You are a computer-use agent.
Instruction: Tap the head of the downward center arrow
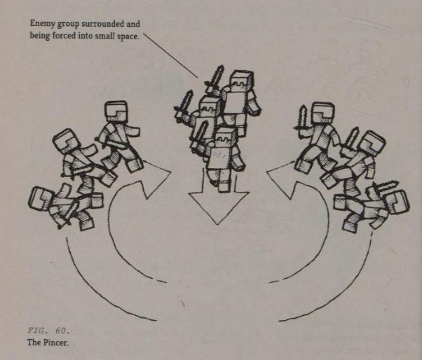coord(218,207)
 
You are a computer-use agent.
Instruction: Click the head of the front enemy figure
coord(226,137)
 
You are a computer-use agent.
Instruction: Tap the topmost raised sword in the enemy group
coord(215,78)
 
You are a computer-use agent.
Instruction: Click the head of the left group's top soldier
coord(116,111)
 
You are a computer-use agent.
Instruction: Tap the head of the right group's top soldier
coord(323,112)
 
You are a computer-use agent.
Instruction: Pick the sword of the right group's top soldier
coord(302,118)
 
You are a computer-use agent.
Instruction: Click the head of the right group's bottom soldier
coord(398,202)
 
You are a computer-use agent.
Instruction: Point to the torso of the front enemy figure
coord(221,158)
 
